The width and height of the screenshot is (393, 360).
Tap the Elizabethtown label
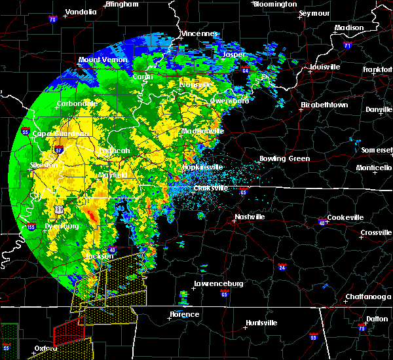[326, 105]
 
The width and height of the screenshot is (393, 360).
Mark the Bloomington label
[275, 4]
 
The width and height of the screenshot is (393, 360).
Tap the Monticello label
[374, 168]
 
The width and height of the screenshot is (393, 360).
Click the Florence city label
[184, 314]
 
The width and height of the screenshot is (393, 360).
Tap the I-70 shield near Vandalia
[52, 20]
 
